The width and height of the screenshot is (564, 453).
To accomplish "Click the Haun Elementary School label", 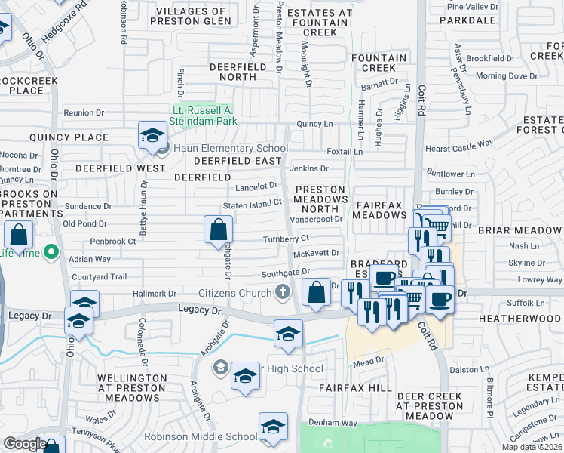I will pos(231,149).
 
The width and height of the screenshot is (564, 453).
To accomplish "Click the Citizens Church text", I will pos(234,292).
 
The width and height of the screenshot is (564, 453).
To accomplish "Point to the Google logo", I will pos(25,444).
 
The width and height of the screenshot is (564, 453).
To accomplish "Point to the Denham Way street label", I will pos(333,423).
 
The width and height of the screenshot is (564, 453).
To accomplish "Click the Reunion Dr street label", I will pos(84,112).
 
